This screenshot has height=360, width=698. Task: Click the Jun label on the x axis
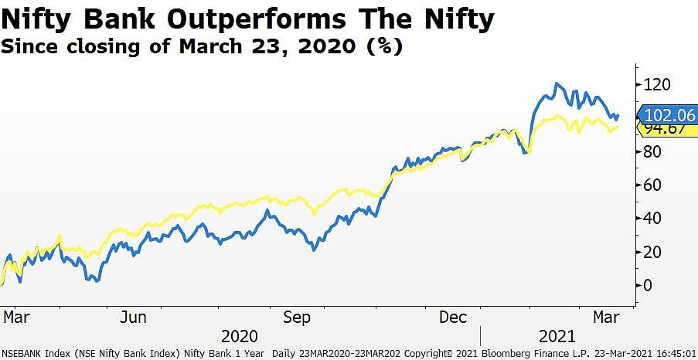point(134,318)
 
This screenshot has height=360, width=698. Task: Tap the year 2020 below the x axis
point(240,337)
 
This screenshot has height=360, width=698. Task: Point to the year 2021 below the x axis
point(557,337)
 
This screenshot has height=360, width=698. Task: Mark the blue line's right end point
point(618,115)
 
